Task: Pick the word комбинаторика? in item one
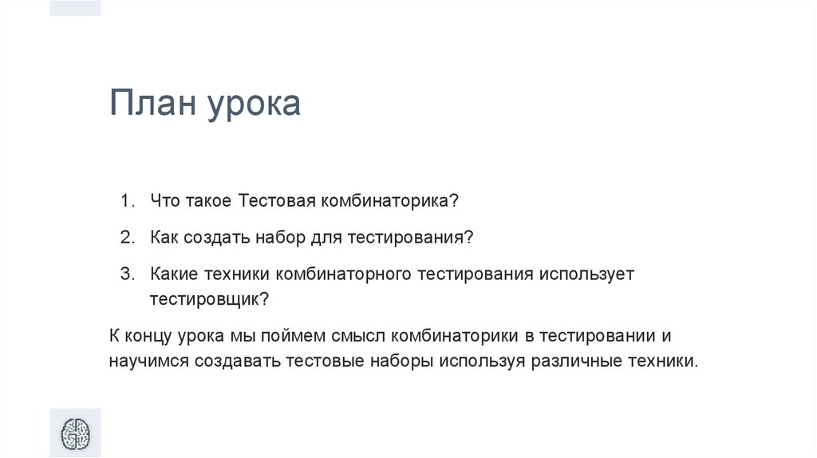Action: [389, 201]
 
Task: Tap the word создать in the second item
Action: [217, 238]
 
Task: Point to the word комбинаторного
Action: [343, 274]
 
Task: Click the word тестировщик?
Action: [210, 299]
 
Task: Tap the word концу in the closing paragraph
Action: [148, 335]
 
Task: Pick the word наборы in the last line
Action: [402, 361]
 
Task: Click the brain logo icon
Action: [76, 434]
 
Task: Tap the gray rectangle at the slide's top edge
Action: [75, 7]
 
